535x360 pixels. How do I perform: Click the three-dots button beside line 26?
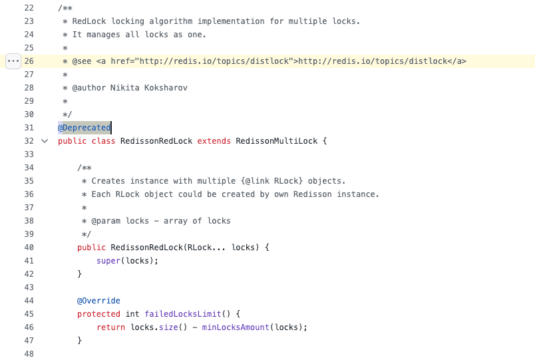[13, 61]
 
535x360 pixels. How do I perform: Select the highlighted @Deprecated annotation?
[85, 128]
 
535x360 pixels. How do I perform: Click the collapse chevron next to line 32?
[45, 141]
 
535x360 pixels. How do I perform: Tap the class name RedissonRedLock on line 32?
[156, 141]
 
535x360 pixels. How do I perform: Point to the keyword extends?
[214, 141]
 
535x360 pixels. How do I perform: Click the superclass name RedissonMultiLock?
[276, 141]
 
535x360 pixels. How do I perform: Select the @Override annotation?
[98, 301]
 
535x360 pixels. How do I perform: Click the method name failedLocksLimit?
[183, 314]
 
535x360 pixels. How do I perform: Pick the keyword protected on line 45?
[98, 314]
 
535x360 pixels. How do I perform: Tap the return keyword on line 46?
[111, 327]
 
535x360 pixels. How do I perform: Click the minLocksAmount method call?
[236, 327]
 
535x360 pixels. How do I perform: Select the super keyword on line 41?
[108, 261]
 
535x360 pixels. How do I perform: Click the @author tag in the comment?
[89, 88]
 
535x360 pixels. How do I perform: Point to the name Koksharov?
[166, 88]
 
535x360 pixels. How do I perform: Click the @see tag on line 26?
[82, 61]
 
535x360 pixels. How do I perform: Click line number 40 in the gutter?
[29, 248]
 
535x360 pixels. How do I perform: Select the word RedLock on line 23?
[89, 21]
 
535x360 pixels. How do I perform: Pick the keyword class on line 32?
[103, 141]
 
